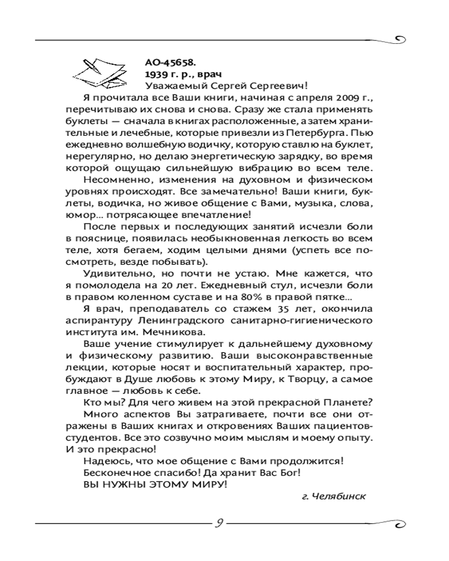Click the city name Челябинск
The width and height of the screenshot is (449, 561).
click(x=340, y=496)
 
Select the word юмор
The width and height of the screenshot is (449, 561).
click(x=79, y=215)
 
